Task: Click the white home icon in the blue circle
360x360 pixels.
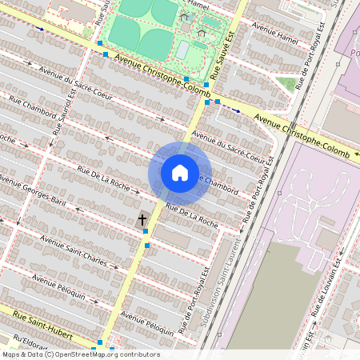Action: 180,172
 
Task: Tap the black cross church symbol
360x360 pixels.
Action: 142,218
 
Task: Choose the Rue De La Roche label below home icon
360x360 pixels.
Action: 191,214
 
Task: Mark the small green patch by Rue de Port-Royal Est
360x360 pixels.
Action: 286,83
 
